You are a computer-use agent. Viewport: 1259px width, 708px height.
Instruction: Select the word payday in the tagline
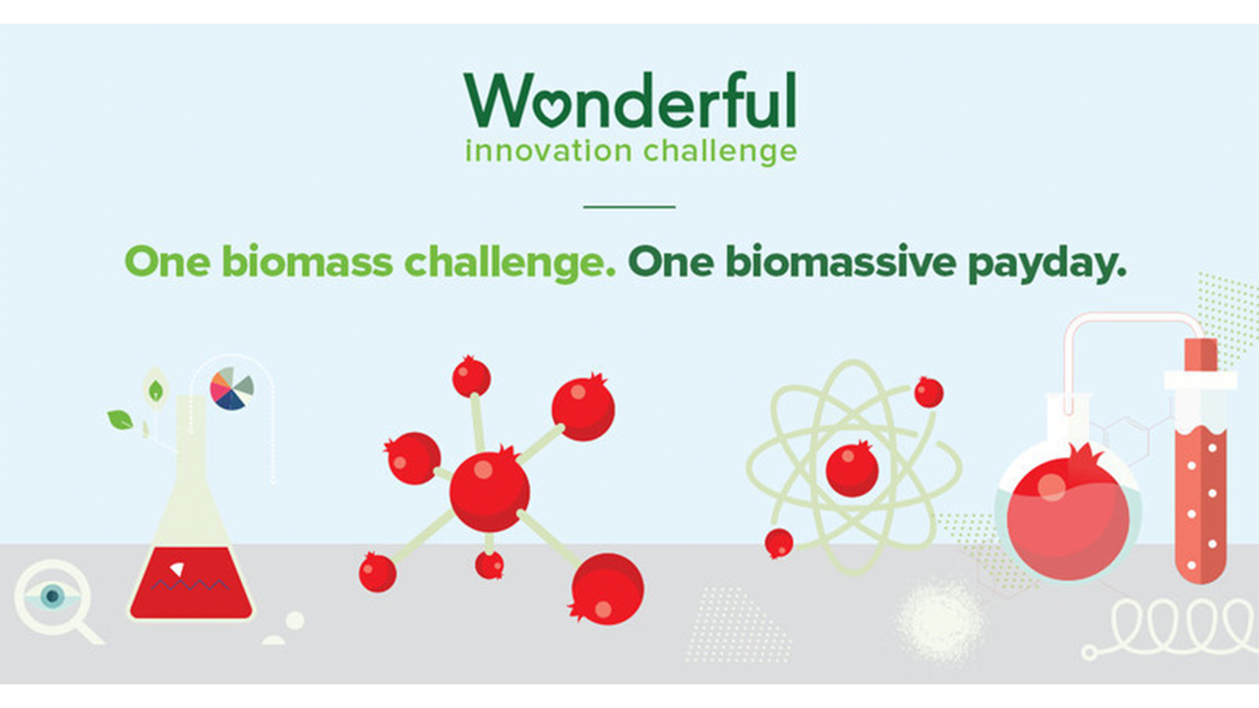pyautogui.click(x=1048, y=263)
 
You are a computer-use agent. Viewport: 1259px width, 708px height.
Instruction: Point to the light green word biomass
pyautogui.click(x=307, y=262)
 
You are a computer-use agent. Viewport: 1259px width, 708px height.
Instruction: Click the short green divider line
pyautogui.click(x=629, y=206)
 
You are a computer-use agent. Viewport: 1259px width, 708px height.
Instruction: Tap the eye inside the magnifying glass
pyautogui.click(x=53, y=596)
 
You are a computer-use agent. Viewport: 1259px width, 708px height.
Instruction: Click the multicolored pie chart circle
pyautogui.click(x=231, y=388)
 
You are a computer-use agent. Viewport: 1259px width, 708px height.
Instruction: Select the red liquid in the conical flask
pyautogui.click(x=191, y=583)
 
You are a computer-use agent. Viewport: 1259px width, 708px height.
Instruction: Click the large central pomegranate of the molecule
pyautogui.click(x=490, y=491)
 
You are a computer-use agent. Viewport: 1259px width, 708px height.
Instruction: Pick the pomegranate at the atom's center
pyautogui.click(x=852, y=469)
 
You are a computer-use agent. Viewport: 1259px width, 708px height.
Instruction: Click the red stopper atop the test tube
pyautogui.click(x=1201, y=355)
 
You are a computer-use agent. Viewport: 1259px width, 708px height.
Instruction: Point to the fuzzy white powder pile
pyautogui.click(x=939, y=620)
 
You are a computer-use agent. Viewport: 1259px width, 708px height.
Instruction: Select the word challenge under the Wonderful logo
pyautogui.click(x=720, y=150)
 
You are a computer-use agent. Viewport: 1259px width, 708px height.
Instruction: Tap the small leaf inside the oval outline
pyautogui.click(x=155, y=390)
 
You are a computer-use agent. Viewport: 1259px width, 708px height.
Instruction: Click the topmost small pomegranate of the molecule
pyautogui.click(x=471, y=376)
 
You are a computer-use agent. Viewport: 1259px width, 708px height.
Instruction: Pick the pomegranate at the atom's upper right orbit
pyautogui.click(x=929, y=392)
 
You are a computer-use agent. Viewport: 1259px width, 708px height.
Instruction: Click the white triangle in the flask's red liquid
pyautogui.click(x=178, y=569)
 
